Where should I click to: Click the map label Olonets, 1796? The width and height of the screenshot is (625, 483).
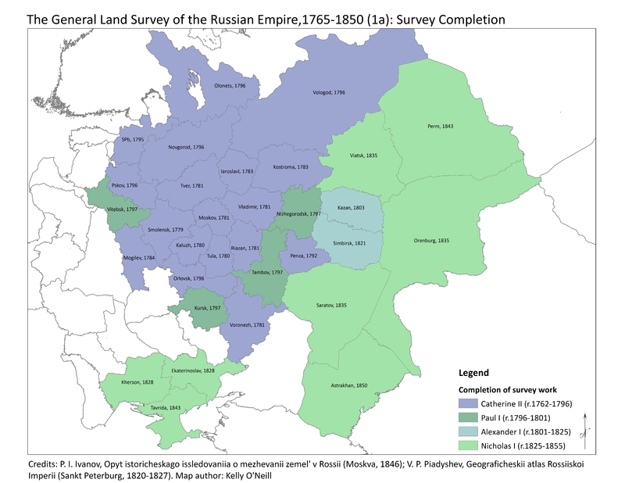pos(230,86)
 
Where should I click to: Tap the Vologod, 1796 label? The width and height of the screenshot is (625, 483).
pos(328,92)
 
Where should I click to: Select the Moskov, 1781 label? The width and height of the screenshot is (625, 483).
pos(213,217)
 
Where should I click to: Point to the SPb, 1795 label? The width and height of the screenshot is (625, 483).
pos(132,139)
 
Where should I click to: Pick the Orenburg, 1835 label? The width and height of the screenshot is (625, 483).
pos(434,240)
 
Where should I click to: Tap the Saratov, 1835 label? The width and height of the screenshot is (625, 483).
pos(330,305)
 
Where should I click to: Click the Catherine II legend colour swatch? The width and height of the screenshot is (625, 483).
pos(470,403)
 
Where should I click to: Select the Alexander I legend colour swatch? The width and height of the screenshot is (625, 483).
pos(470,431)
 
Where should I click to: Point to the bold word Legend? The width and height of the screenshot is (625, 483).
pos(473,373)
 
